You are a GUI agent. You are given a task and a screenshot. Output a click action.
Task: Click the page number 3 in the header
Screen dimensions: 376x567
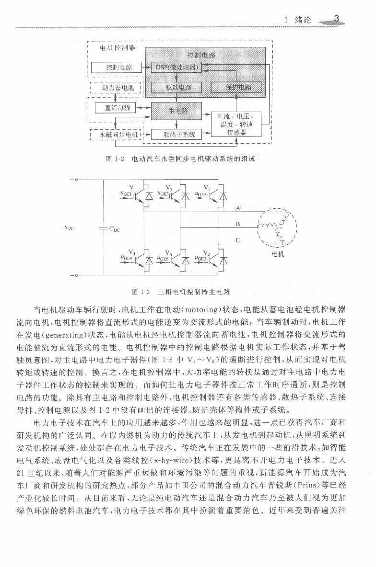point(337,19)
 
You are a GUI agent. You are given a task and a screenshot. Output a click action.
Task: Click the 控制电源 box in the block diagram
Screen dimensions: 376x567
point(119,68)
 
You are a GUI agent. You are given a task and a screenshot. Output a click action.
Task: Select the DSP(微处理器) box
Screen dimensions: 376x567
point(176,68)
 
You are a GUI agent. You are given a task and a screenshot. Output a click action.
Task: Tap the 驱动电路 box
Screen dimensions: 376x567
point(176,87)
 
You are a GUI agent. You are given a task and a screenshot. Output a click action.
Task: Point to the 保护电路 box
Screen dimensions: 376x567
point(236,87)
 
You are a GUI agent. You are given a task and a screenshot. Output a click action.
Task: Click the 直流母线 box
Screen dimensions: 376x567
point(117,108)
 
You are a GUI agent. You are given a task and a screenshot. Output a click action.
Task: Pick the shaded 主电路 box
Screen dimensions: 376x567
point(176,111)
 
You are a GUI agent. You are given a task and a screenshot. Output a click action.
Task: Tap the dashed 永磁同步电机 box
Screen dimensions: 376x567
point(117,135)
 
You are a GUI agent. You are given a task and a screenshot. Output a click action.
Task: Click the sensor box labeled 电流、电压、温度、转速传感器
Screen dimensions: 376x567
point(236,124)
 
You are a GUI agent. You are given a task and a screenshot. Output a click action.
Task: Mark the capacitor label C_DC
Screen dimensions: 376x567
point(114,229)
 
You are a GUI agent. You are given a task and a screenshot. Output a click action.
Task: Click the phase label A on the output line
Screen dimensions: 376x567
point(238,208)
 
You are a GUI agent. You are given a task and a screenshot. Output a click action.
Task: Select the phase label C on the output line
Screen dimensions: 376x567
point(237,240)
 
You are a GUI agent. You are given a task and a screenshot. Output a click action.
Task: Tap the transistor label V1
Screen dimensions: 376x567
point(132,188)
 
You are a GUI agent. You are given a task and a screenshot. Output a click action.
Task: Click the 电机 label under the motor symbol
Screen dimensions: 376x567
point(278,254)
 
